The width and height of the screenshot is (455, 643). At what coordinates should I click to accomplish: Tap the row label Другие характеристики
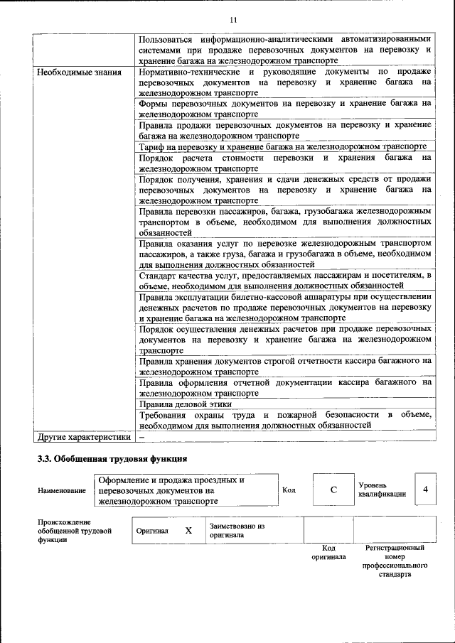coord(85,436)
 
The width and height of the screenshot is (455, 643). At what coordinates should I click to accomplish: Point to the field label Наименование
coord(63,491)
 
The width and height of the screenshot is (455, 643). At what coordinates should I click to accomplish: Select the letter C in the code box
coord(333,490)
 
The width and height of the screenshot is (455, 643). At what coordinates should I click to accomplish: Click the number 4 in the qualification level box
coord(425,490)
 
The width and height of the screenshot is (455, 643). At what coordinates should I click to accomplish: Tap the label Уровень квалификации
coord(382,489)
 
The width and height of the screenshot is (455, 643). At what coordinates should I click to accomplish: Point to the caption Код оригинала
coord(328,553)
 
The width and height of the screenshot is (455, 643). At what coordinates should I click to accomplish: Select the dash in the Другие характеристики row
coord(142,436)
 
